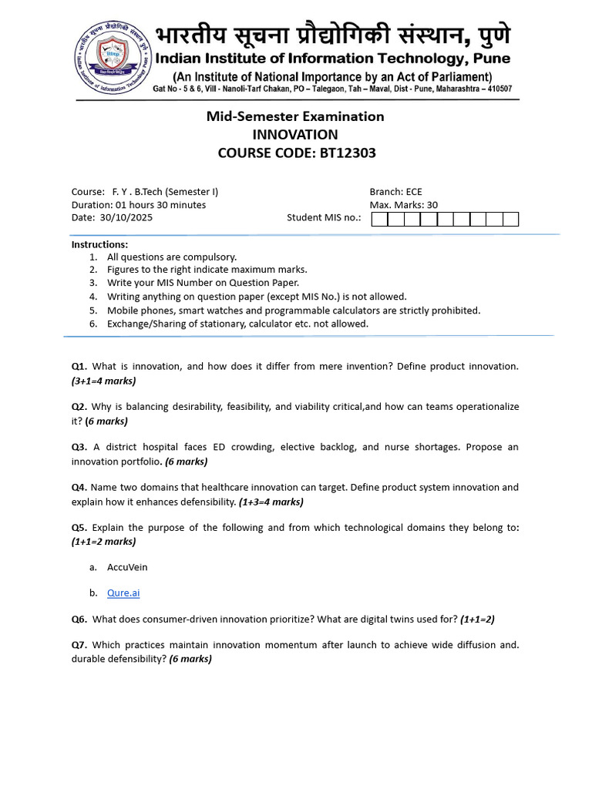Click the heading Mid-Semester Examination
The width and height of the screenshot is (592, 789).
[295, 116]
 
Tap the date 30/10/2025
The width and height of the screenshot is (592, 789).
[126, 217]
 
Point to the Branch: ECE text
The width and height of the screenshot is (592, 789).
[395, 192]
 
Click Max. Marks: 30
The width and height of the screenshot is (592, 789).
[405, 205]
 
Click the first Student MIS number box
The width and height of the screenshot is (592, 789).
[379, 219]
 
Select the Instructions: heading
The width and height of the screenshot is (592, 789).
[99, 244]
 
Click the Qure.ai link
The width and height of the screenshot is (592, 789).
[123, 593]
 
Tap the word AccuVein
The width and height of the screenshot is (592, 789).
[127, 567]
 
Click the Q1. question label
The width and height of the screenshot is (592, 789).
[79, 366]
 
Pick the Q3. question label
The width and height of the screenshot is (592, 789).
[79, 447]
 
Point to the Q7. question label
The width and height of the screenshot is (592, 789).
[79, 644]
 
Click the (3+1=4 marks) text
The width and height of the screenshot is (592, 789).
[104, 381]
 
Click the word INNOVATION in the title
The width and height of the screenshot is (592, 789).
[295, 135]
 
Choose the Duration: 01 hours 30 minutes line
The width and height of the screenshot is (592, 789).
[139, 205]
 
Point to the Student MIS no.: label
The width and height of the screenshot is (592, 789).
[324, 217]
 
